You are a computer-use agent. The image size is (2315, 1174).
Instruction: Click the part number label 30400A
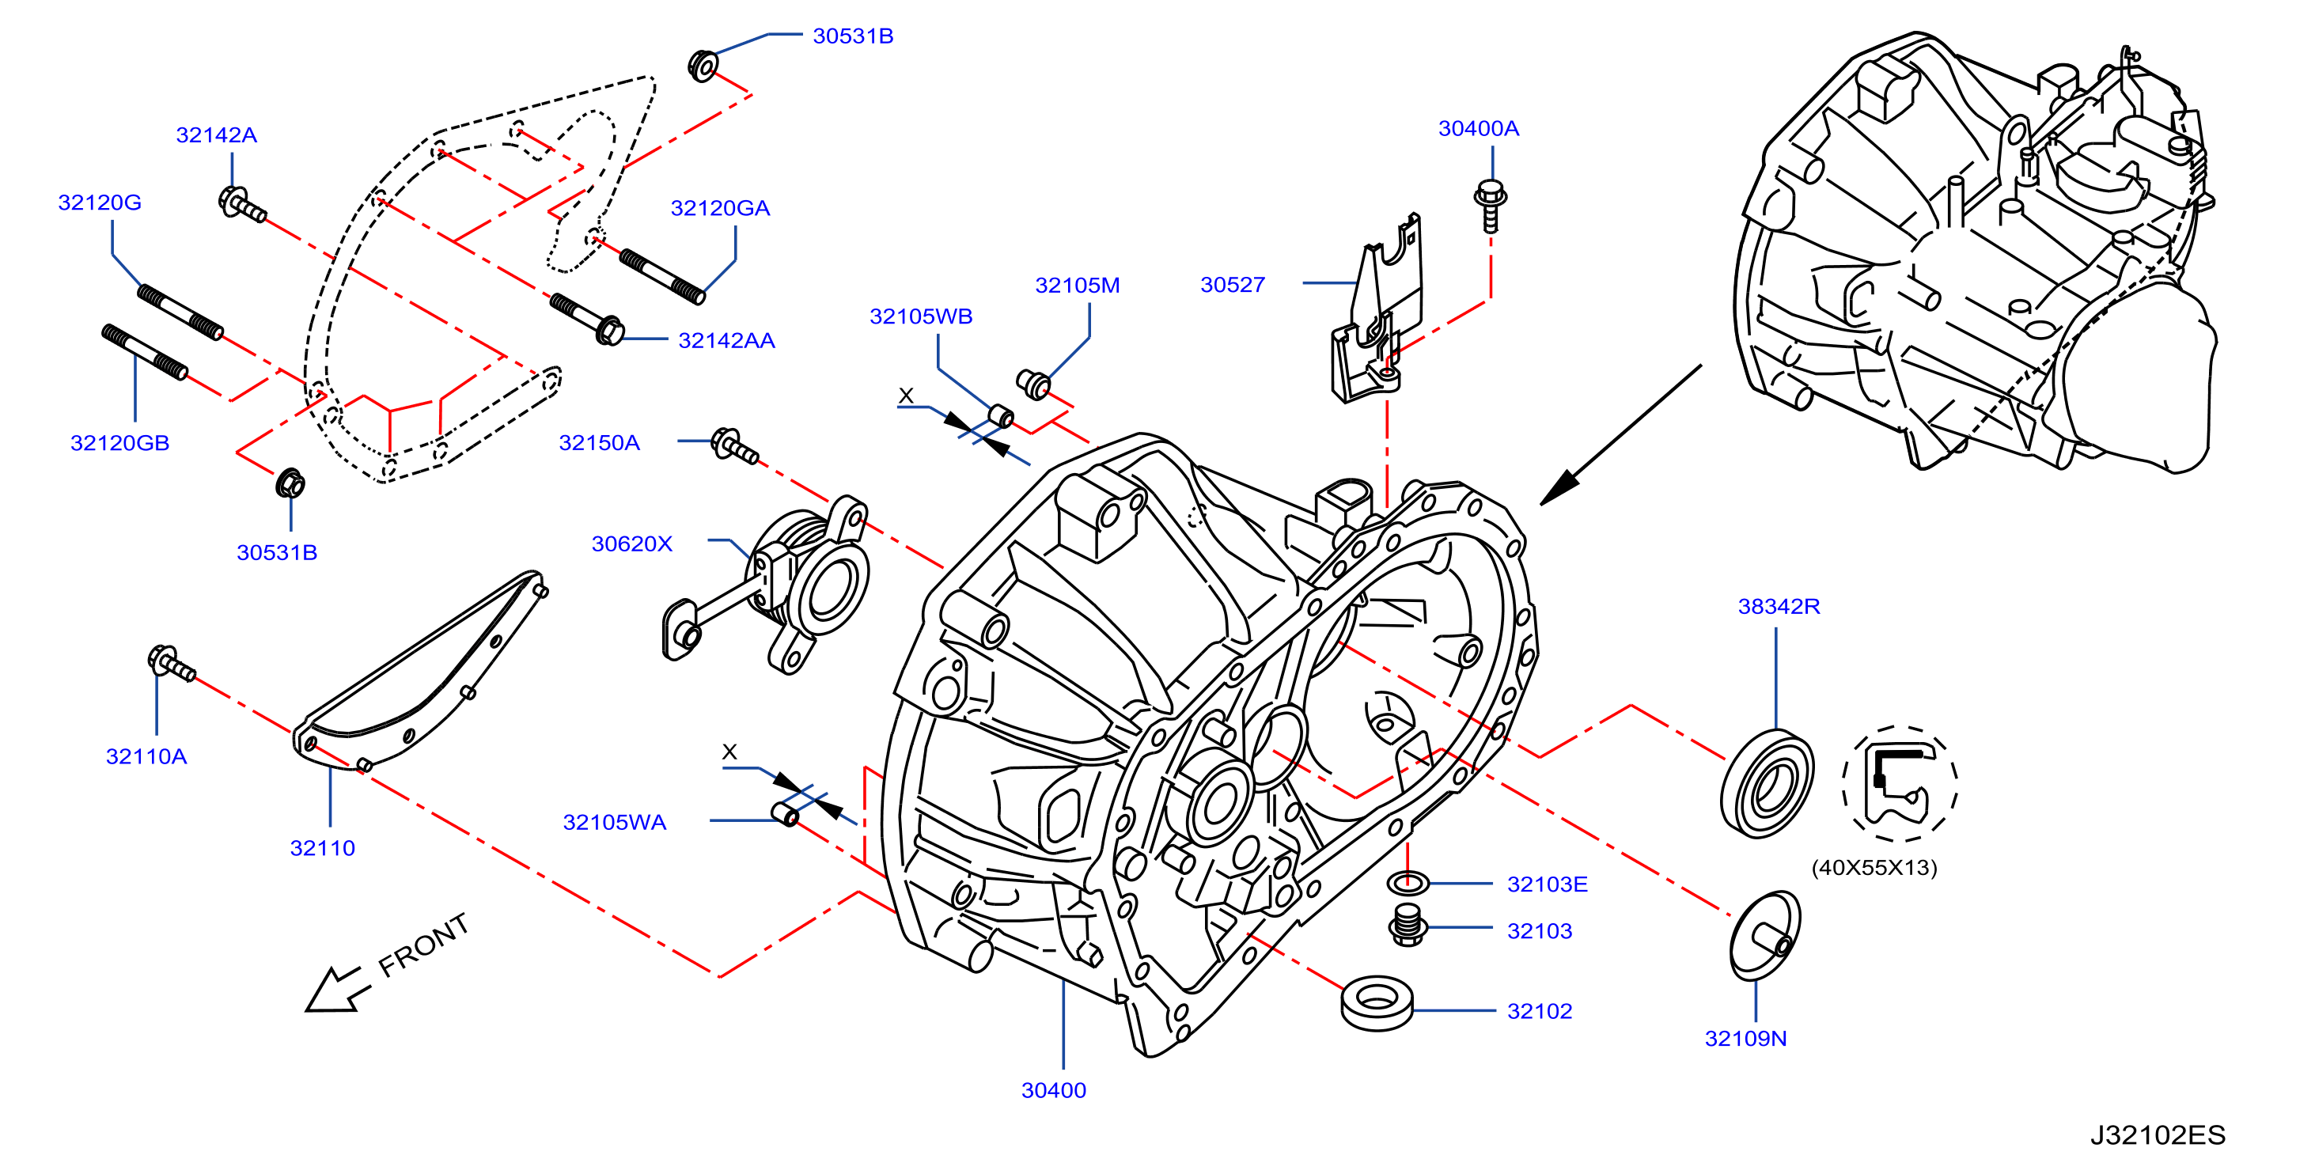1479,128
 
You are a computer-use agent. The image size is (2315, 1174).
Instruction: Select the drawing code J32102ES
2157,1135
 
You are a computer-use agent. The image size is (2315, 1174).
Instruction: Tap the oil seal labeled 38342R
1767,784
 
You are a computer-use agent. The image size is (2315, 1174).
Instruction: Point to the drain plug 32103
1408,925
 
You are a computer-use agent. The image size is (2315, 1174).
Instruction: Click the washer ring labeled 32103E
1408,884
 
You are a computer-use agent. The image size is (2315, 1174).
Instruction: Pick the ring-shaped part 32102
1377,1002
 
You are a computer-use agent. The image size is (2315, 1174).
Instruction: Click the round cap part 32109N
1765,936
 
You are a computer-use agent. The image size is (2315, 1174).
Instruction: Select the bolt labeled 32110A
171,664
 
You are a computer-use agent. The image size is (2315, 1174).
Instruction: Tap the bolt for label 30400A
1490,206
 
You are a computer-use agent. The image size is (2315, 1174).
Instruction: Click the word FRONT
423,945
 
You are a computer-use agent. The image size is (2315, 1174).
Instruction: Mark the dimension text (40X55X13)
1874,868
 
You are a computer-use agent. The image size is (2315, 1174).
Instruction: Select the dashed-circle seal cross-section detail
1899,784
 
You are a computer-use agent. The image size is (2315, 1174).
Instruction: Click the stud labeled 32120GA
662,275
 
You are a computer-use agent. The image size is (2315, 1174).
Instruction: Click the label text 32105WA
615,823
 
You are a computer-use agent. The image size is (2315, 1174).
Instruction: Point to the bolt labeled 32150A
734,446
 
